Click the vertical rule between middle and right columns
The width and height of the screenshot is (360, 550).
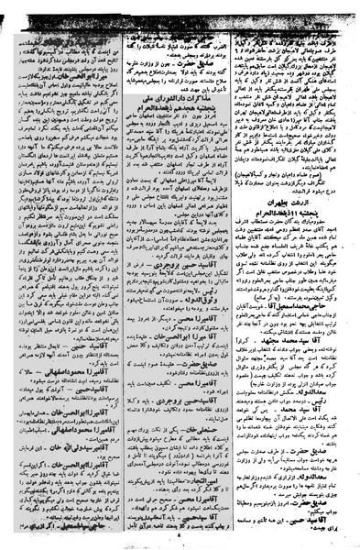click(x=235, y=275)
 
